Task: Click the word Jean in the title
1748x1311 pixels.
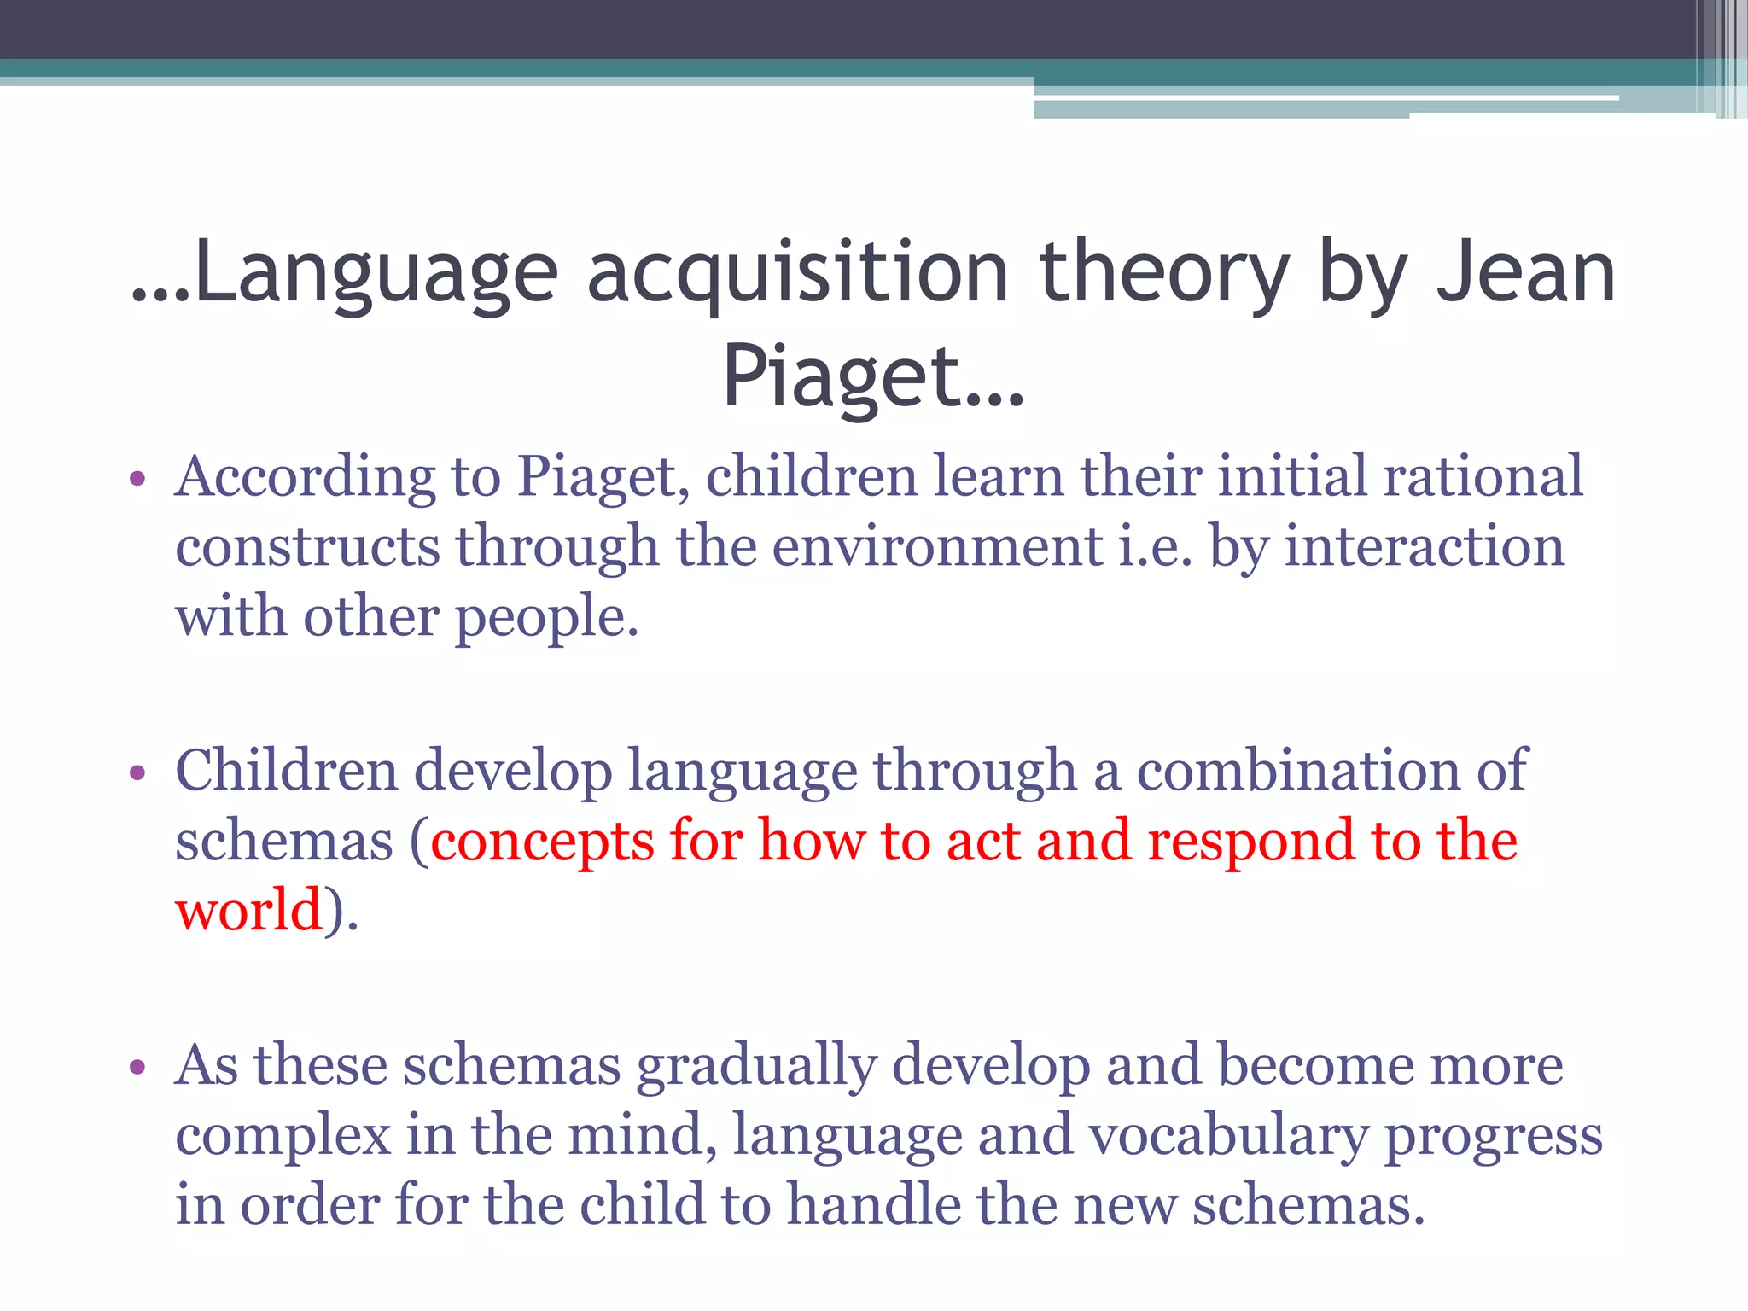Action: (1526, 273)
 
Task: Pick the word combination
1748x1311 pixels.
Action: (1298, 771)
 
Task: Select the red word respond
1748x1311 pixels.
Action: (1250, 842)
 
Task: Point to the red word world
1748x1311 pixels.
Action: (248, 911)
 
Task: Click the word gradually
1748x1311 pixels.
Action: (757, 1068)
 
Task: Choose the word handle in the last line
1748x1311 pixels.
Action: (873, 1205)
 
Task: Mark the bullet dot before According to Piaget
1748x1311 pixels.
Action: (137, 479)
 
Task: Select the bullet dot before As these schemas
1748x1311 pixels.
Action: (137, 1068)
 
